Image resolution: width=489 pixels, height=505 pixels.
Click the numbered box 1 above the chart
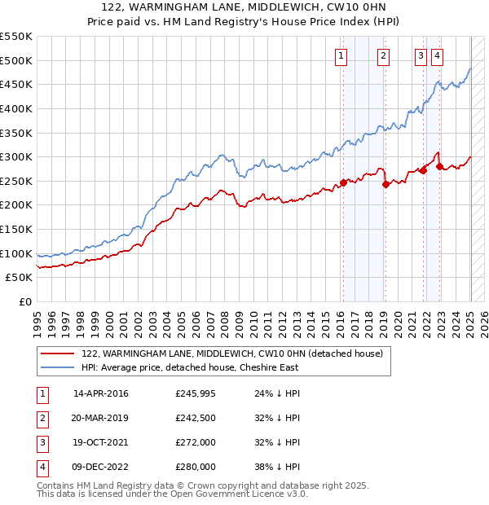340,56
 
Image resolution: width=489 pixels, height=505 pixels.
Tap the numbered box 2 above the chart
383,56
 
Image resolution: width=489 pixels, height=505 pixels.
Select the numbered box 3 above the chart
421,56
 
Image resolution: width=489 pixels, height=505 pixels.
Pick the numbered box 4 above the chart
437,56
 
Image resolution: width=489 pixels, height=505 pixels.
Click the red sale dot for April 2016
343,182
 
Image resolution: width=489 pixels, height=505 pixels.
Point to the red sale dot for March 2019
385,184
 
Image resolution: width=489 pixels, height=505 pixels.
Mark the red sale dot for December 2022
440,166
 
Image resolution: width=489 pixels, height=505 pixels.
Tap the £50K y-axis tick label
20,278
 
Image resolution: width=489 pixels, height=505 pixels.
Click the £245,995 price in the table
196,393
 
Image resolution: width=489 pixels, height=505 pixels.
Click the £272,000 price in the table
196,442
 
